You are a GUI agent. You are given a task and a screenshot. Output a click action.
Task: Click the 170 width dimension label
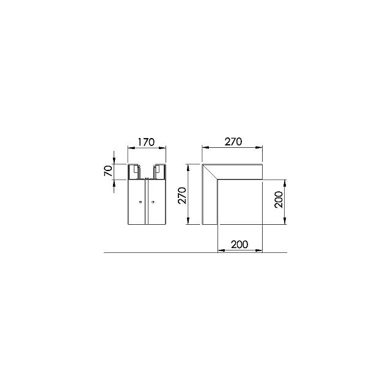[146, 142]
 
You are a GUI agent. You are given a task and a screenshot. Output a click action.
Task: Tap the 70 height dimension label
[108, 171]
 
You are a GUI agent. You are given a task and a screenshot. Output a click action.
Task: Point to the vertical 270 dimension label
[182, 195]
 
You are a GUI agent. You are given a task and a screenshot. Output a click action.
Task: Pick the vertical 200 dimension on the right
[279, 200]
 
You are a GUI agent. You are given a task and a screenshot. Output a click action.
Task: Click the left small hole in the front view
[141, 202]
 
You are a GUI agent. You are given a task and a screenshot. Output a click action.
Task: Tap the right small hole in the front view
[153, 202]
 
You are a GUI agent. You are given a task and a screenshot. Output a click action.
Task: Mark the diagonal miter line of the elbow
[210, 172]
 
